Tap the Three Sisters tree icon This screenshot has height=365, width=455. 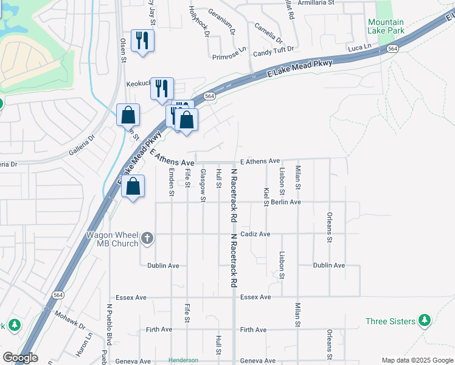click(425, 321)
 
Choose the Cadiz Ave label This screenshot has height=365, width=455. click(255, 234)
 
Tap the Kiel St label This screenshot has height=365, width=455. click(266, 196)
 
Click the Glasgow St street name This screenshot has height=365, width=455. click(203, 185)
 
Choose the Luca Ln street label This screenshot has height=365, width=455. click(359, 47)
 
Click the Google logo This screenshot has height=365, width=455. click(19, 358)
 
